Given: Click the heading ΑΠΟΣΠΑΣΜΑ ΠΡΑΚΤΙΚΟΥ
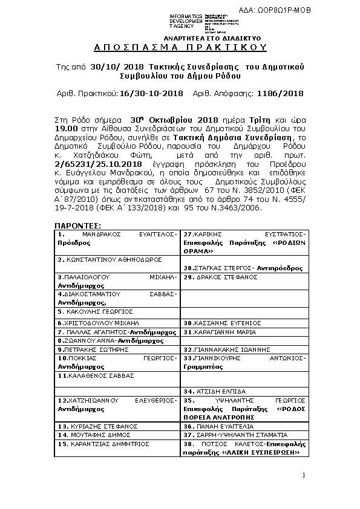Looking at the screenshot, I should pyautogui.click(x=180, y=47).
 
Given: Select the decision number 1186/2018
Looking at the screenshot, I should pyautogui.click(x=280, y=94).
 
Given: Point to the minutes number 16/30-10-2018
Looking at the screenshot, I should pyautogui.click(x=151, y=94).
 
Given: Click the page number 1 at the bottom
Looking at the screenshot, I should pyautogui.click(x=304, y=475).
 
